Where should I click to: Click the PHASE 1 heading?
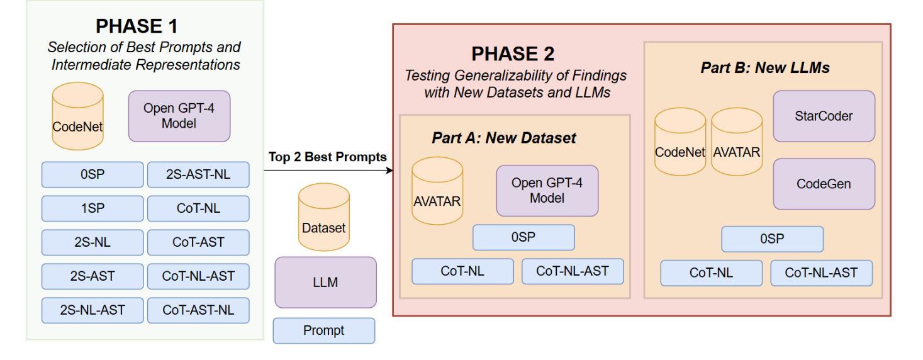[x=137, y=26]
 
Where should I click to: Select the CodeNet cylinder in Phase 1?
[x=77, y=116]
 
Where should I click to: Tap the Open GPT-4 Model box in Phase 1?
[x=179, y=116]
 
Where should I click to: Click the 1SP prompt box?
[x=92, y=208]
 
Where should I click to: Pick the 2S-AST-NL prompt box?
[x=198, y=174]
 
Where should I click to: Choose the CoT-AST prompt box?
[x=198, y=242]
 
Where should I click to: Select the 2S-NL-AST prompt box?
[x=92, y=310]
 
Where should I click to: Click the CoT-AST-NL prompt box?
[x=198, y=310]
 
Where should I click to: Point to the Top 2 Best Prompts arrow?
[x=328, y=171]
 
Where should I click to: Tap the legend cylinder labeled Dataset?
[x=324, y=217]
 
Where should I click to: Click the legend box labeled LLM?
[x=325, y=283]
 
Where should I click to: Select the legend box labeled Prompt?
[x=324, y=330]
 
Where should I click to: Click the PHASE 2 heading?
[x=513, y=53]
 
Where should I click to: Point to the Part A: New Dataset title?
[x=503, y=138]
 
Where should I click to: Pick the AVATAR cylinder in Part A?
[x=437, y=191]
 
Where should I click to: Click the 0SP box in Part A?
[x=523, y=237]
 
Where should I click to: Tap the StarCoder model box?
[x=824, y=116]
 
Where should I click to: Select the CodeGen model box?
[x=824, y=184]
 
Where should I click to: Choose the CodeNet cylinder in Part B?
[x=680, y=142]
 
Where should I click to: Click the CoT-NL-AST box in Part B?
[x=821, y=273]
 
